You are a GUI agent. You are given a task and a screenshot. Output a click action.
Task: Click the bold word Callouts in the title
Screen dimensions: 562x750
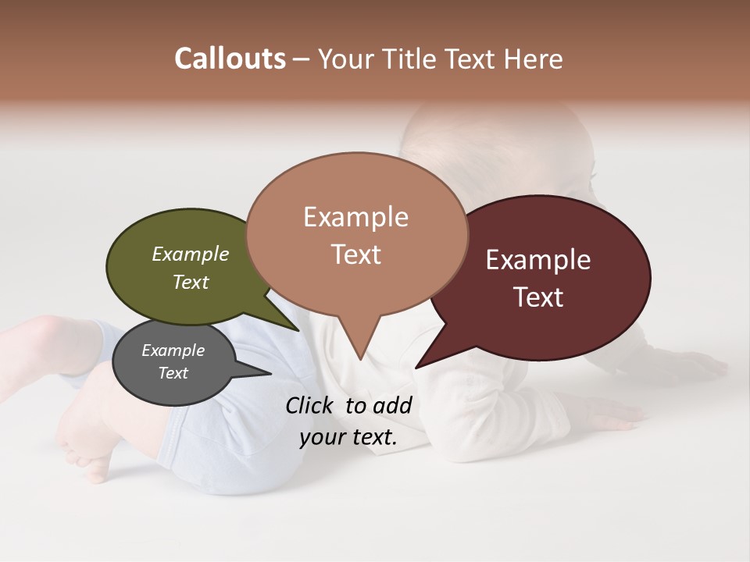pos(230,59)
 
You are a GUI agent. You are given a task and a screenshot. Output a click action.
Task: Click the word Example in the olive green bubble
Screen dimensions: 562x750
pos(191,254)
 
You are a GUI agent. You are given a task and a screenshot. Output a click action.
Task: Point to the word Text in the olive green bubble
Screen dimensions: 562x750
pos(191,282)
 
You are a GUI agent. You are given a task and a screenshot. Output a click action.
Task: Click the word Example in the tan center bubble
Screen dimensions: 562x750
pos(355,217)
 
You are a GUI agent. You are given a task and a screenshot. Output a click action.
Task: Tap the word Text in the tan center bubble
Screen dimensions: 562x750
pos(355,254)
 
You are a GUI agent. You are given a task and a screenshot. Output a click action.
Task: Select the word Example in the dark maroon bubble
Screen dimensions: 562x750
pos(538,260)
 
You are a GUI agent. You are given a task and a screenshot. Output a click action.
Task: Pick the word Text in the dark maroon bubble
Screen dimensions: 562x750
pos(538,297)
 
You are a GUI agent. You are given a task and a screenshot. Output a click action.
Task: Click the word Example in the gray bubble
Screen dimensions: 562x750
pos(173,350)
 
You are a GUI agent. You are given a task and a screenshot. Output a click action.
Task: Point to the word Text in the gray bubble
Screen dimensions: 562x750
pos(173,373)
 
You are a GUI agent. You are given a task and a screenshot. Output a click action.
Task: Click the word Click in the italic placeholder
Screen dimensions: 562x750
pos(310,405)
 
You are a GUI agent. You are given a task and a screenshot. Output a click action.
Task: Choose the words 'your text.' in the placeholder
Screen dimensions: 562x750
pos(348,437)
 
